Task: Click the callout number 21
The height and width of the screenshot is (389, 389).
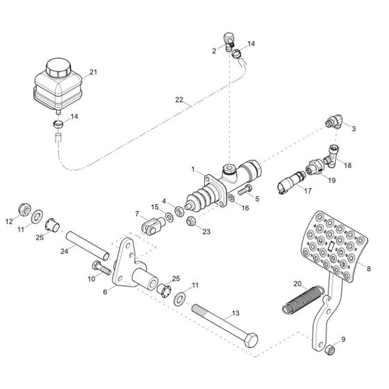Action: [93, 72]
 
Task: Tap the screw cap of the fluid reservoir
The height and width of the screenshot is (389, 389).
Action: [57, 67]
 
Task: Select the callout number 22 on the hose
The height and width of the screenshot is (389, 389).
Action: [179, 101]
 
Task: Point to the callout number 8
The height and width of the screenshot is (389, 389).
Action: [370, 268]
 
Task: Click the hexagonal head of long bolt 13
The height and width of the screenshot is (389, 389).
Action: [252, 340]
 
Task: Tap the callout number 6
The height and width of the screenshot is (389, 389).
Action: [106, 292]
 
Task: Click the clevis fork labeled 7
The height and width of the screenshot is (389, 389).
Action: [150, 224]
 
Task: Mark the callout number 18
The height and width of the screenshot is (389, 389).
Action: [347, 166]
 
